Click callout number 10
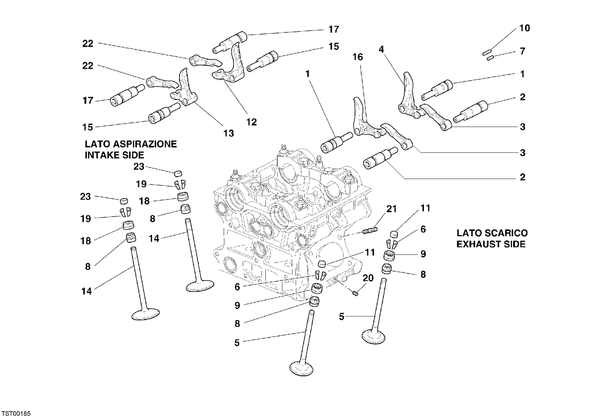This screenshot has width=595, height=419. tap(524, 28)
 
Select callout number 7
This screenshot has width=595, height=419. tap(522, 51)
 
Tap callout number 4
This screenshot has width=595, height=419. tap(381, 49)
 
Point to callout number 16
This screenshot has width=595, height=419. tap(358, 57)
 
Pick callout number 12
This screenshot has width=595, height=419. tap(251, 122)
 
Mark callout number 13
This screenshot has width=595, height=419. tap(229, 133)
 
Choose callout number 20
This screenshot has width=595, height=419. tap(368, 278)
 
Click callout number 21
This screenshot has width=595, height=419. tap(391, 209)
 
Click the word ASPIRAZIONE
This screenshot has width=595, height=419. tap(145, 144)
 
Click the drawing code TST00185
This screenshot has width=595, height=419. tap(16, 414)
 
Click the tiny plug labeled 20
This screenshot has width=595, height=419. tap(356, 293)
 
